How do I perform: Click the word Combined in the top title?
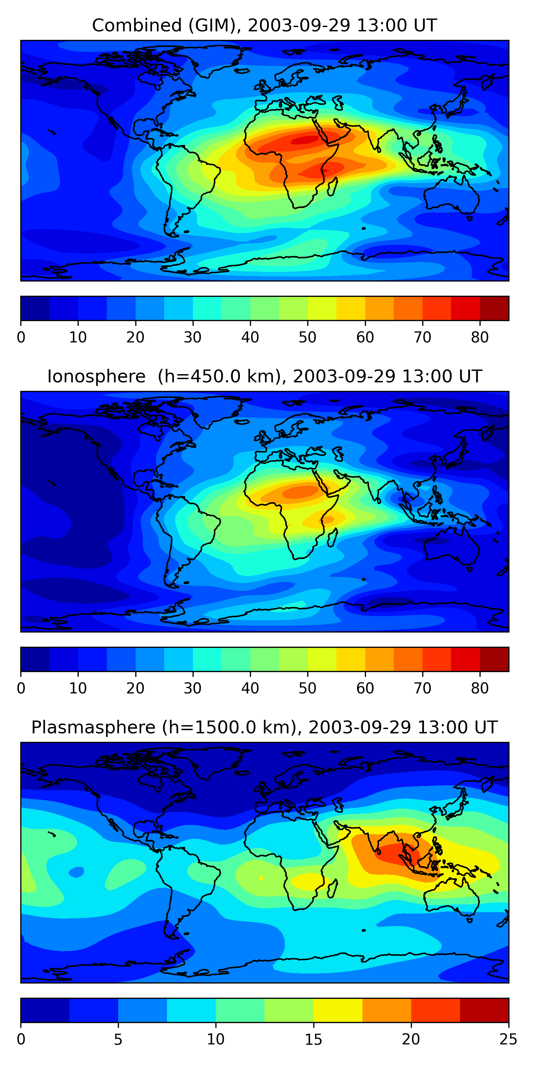coord(137,26)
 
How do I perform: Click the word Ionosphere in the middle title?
coord(96,377)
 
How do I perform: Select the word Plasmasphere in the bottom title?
coord(93,728)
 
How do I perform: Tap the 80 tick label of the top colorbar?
coord(480,337)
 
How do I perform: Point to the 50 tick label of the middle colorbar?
coord(307,688)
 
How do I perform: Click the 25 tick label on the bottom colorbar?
coord(508,1039)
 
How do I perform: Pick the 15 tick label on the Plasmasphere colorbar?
coord(313,1039)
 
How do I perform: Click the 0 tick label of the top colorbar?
coord(21,337)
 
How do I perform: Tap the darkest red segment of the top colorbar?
coord(494,308)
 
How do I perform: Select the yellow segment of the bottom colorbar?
coord(338,1011)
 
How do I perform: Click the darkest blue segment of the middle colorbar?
coord(35,660)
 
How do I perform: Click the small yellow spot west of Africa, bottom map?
coord(261,878)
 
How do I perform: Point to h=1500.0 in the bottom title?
coord(224,728)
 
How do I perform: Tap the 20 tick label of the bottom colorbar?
coord(411,1039)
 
